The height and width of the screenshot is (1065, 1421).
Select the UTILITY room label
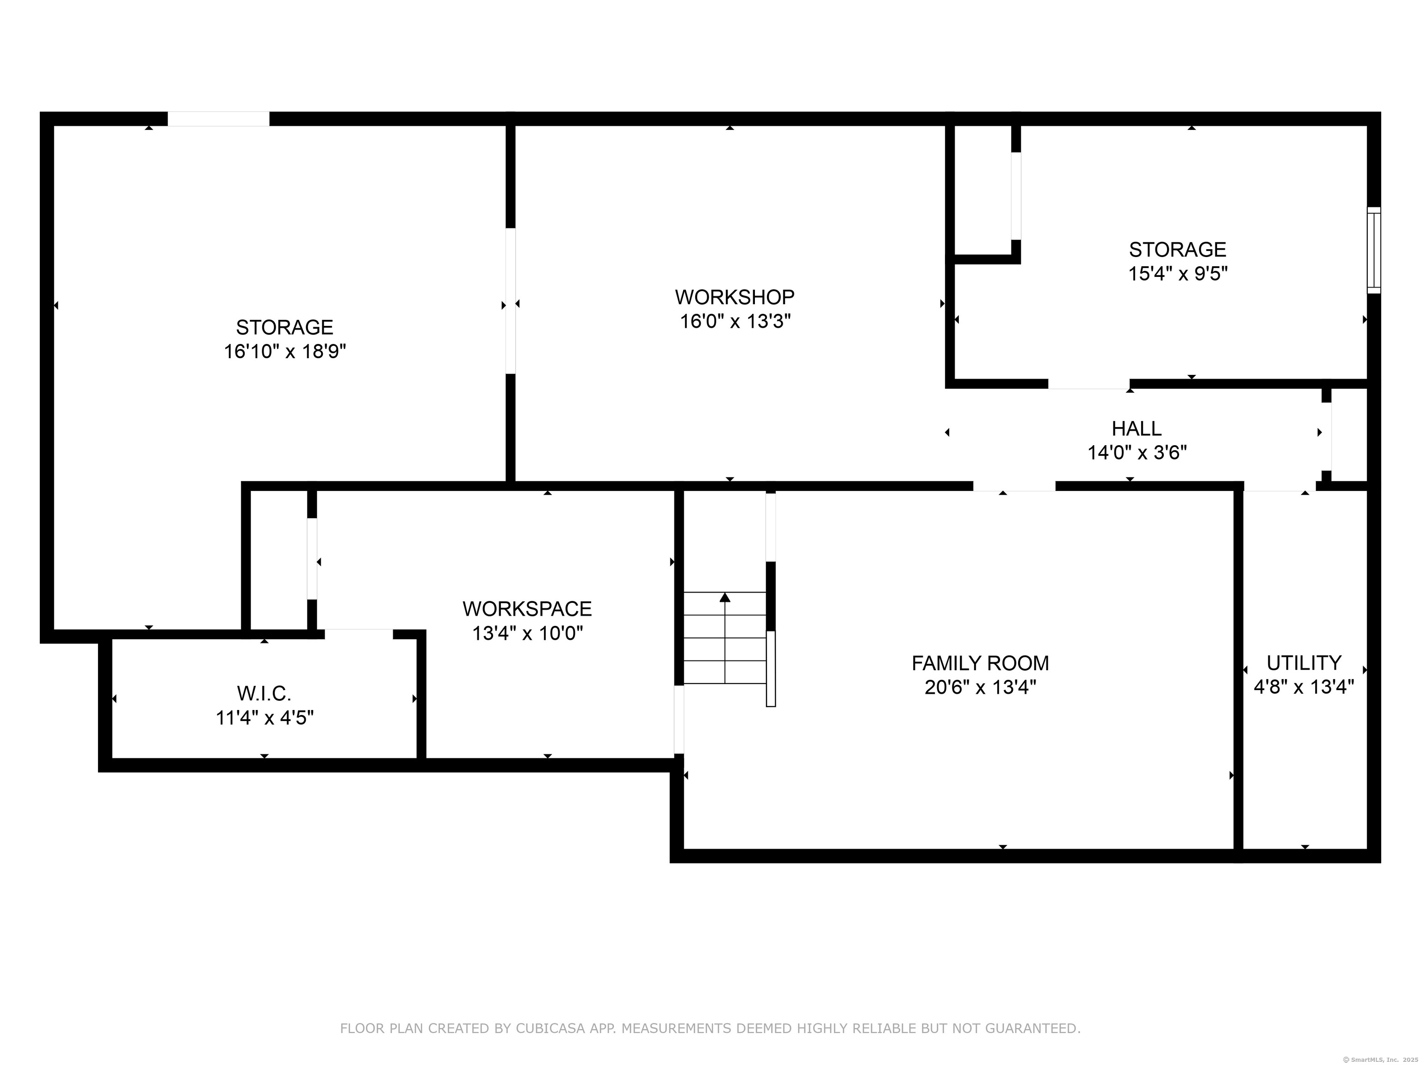pyautogui.click(x=1304, y=662)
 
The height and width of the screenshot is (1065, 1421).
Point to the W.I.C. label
pyautogui.click(x=264, y=693)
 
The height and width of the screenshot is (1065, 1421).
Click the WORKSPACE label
pyautogui.click(x=527, y=609)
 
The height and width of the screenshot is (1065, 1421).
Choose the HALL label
pyautogui.click(x=1137, y=428)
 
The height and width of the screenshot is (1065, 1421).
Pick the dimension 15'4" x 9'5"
pyautogui.click(x=1178, y=274)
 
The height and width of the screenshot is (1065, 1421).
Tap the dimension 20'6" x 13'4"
pyautogui.click(x=980, y=687)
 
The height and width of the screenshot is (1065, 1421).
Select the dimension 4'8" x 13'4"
pyautogui.click(x=1304, y=687)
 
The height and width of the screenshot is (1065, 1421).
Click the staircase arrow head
pyautogui.click(x=725, y=597)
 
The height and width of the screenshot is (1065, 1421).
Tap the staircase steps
pyautogui.click(x=725, y=638)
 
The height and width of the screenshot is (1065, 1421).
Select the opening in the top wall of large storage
pyautogui.click(x=218, y=119)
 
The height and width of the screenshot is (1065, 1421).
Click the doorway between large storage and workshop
pyautogui.click(x=511, y=301)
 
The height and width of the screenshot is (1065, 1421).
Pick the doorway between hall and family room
pyautogui.click(x=1014, y=486)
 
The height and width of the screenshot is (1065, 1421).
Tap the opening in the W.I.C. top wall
pyautogui.click(x=358, y=634)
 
